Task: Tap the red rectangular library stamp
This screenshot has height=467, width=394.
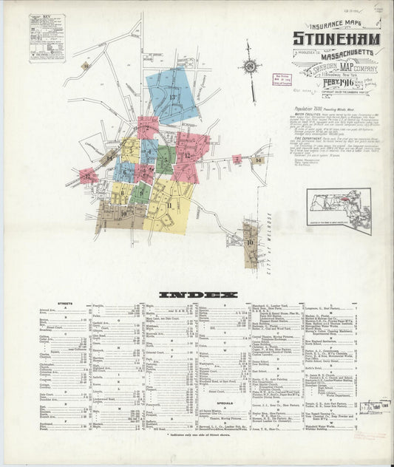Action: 284,79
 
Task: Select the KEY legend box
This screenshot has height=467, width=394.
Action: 47,37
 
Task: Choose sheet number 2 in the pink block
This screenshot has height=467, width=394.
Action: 147,128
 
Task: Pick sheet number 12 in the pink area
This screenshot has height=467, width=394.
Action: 188,155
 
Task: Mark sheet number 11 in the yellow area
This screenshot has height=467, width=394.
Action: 169,205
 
